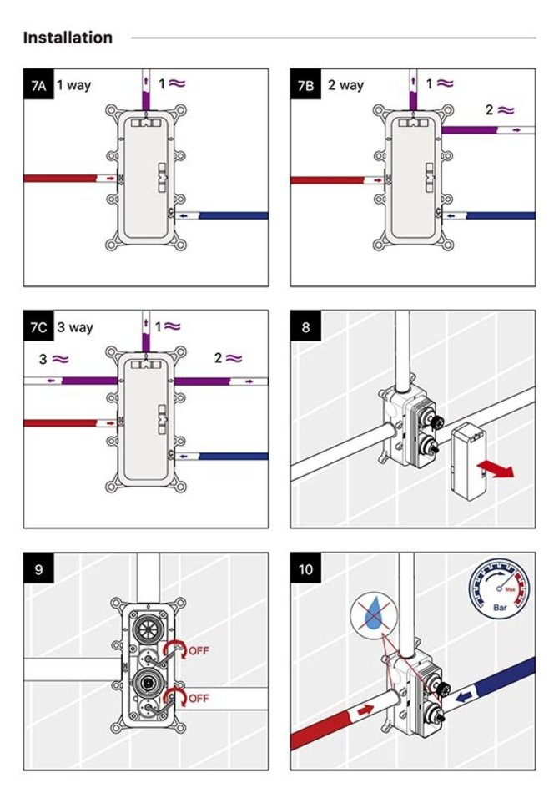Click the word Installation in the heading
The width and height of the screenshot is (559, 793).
pyautogui.click(x=68, y=38)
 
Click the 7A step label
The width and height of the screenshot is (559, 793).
pyautogui.click(x=38, y=85)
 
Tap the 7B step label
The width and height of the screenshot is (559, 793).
pyautogui.click(x=306, y=85)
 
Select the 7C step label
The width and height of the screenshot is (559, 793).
pyautogui.click(x=38, y=327)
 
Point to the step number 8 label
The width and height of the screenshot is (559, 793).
pyautogui.click(x=305, y=327)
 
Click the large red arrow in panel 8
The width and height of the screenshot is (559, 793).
pyautogui.click(x=499, y=469)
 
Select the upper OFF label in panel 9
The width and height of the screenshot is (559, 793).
pyautogui.click(x=199, y=651)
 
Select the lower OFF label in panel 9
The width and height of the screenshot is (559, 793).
pyautogui.click(x=199, y=697)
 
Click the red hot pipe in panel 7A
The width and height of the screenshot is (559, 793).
pyautogui.click(x=63, y=178)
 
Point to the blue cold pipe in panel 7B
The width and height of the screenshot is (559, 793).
pyautogui.click(x=499, y=215)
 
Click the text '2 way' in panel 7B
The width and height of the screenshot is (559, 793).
pyautogui.click(x=345, y=85)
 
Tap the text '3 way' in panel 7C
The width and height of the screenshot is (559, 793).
pyautogui.click(x=75, y=327)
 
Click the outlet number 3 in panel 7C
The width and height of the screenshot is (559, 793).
pyautogui.click(x=43, y=359)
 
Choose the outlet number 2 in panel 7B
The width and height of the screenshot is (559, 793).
pyautogui.click(x=490, y=109)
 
